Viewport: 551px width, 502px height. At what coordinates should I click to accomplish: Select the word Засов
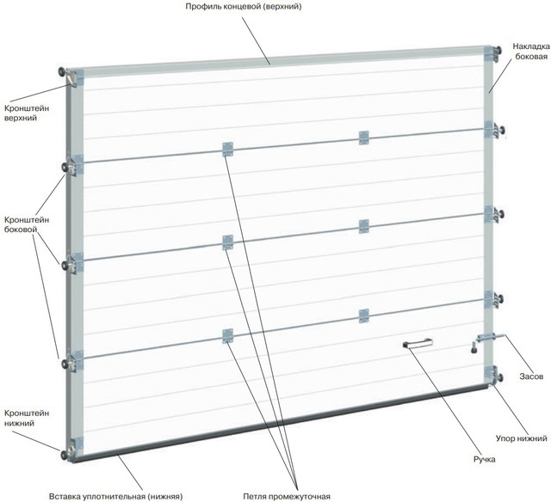(x=530, y=376)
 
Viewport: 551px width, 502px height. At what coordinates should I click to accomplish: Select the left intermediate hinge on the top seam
(x=227, y=149)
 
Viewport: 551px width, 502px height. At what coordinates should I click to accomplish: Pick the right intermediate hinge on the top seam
(x=363, y=137)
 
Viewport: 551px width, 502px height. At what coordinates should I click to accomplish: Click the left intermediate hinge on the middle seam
(x=227, y=242)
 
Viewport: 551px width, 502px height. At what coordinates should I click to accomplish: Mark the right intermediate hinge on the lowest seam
(x=363, y=315)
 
